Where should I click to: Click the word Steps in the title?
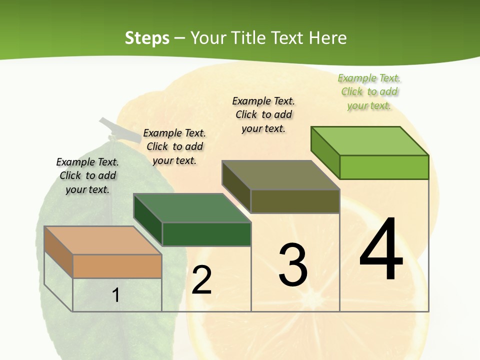[146, 38]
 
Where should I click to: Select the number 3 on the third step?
[293, 264]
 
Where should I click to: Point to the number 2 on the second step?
[202, 280]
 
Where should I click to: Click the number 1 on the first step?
[115, 295]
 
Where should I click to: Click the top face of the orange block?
[102, 240]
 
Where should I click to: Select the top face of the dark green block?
[192, 208]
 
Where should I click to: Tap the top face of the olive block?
[280, 175]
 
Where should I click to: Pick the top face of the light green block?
[370, 141]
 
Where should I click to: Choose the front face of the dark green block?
[206, 234]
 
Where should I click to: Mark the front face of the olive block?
[295, 201]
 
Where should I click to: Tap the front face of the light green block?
[384, 167]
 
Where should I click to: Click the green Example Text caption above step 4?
[369, 91]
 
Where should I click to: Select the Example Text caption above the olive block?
[263, 114]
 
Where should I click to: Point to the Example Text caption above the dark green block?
[174, 146]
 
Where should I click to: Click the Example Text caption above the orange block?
[87, 175]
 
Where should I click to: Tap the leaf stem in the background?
[111, 127]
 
